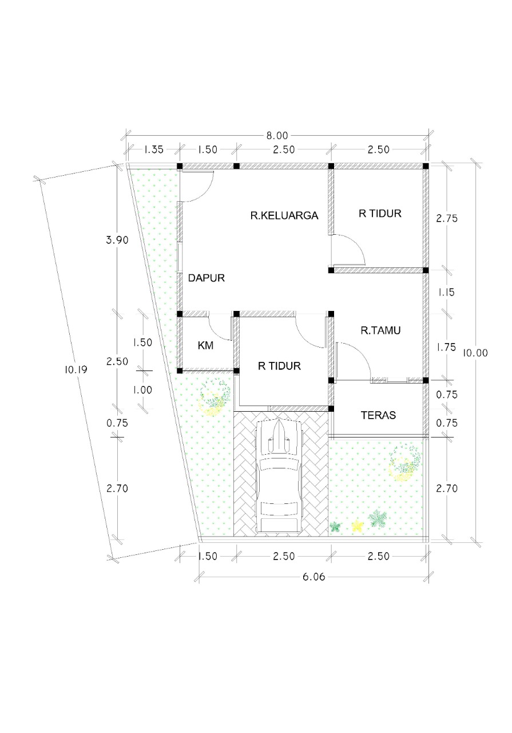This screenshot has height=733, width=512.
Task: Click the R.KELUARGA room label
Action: click(284, 216)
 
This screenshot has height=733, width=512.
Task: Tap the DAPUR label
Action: click(207, 278)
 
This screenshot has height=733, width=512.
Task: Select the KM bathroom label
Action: click(205, 345)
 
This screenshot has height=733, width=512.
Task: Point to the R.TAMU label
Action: click(380, 330)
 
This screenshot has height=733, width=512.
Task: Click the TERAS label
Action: click(378, 415)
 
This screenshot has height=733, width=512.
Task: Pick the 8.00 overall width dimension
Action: click(277, 136)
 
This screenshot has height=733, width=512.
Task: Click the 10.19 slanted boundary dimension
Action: click(76, 370)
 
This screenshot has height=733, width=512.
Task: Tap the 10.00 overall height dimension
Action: click(475, 353)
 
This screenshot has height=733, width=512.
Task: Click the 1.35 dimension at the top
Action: click(153, 149)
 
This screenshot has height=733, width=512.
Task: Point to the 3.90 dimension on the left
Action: click(117, 240)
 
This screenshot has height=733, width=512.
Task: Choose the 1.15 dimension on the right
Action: click(447, 292)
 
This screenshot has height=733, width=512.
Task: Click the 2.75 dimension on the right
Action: click(447, 218)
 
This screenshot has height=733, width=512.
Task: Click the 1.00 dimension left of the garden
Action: click(142, 390)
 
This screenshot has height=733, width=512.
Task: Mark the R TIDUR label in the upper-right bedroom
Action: click(380, 214)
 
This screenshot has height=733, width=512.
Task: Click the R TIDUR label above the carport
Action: click(279, 366)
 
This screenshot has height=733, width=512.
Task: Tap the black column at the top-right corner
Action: click(426, 166)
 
